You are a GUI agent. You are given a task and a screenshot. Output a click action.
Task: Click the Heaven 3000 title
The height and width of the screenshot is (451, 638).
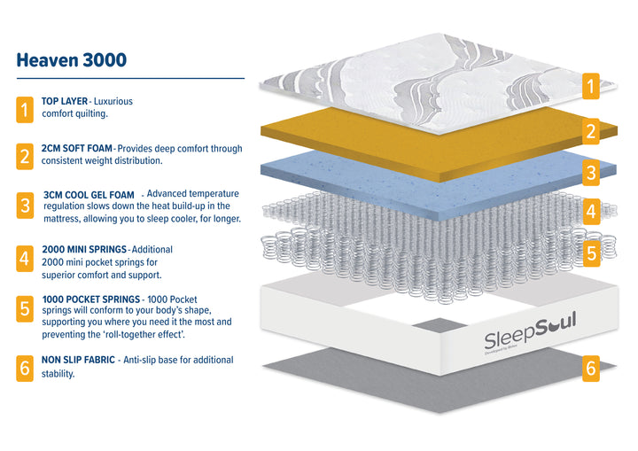tap(72, 60)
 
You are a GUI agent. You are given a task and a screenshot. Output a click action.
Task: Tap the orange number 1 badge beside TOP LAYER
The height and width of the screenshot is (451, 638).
tap(25, 110)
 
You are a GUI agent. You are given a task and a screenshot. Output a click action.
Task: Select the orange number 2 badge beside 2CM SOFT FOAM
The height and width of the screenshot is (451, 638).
tap(25, 157)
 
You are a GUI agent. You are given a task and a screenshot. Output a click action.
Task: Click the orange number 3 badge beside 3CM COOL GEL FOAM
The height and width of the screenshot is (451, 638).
tap(25, 206)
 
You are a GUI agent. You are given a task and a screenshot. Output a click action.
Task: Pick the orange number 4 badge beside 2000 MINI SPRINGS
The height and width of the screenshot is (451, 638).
tap(25, 259)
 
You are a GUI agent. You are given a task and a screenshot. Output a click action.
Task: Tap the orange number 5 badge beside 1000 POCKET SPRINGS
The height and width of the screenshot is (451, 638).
tap(25, 309)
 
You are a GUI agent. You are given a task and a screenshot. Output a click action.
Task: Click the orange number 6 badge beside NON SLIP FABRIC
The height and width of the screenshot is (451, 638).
tap(25, 368)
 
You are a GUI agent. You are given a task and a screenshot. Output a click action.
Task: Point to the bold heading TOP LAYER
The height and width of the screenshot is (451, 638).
tap(65, 102)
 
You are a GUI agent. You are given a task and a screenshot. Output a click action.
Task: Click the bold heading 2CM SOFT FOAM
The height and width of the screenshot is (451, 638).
tap(77, 149)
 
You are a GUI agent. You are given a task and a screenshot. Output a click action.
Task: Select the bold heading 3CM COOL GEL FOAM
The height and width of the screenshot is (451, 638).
tap(89, 194)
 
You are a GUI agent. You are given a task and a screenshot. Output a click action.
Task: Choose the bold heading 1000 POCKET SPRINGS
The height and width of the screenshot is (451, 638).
tap(91, 299)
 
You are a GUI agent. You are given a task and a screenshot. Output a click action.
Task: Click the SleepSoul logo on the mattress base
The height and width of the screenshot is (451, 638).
tap(530, 335)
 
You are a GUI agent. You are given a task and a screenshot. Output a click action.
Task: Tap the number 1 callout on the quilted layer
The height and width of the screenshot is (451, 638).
tap(590, 86)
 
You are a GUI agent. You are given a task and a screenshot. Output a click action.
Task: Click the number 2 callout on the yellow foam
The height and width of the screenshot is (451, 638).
tap(590, 132)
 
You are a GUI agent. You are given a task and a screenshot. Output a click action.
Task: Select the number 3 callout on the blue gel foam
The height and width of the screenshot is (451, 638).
tap(590, 171)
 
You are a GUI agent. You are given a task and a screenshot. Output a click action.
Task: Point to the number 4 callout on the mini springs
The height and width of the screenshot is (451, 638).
tap(590, 212)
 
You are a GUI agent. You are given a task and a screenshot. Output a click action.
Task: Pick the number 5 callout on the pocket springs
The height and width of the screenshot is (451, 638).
tap(590, 253)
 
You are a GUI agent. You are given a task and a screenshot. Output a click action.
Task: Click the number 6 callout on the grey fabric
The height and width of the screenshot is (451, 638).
tap(590, 369)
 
